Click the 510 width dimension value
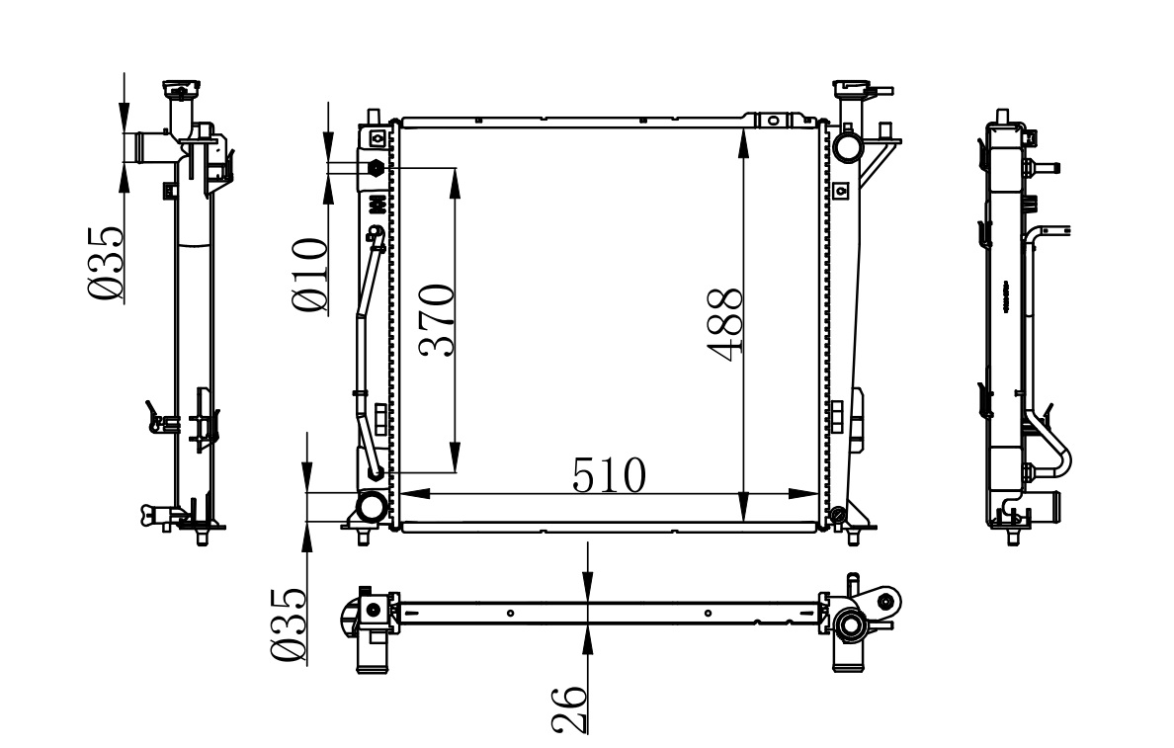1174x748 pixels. [609, 475]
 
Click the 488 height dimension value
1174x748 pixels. [724, 324]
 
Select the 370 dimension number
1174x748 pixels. [437, 320]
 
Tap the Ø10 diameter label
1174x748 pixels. [309, 275]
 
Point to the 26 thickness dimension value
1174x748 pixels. [568, 708]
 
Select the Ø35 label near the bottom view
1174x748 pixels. [289, 624]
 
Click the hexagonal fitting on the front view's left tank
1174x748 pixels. [376, 168]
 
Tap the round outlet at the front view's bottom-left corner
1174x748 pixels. [372, 507]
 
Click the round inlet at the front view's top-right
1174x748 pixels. [847, 146]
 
